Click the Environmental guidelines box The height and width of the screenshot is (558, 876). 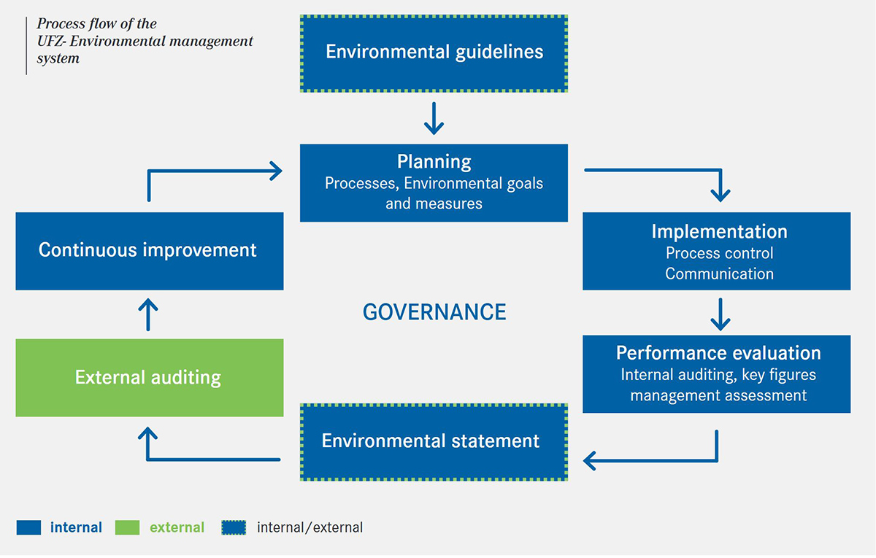point(434,53)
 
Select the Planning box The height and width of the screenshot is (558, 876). point(434,183)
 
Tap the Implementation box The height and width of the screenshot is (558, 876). point(716,251)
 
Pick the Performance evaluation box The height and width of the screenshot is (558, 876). point(716,374)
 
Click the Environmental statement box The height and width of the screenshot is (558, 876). point(434,442)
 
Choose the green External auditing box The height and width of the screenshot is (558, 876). point(150,378)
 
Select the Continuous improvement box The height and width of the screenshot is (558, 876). point(150,251)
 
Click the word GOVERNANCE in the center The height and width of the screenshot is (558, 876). point(434,312)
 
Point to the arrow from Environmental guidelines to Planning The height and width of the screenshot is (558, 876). point(434,118)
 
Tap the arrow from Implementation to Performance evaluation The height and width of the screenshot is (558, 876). point(721,314)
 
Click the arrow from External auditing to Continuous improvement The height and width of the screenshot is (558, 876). point(148,314)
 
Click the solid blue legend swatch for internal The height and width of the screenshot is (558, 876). point(28,527)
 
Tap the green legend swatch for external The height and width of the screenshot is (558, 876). point(128,527)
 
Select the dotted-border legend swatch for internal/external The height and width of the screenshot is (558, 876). point(234,527)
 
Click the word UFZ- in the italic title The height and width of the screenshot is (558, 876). point(51,41)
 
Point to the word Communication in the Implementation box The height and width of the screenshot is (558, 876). point(720,274)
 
